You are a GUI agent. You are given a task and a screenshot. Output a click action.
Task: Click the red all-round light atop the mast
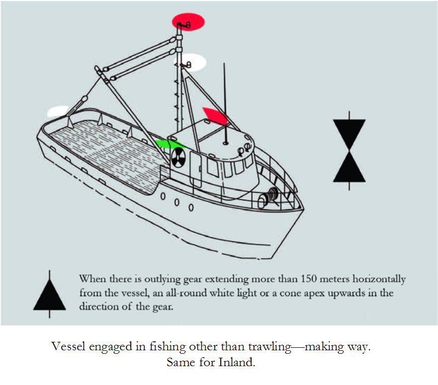(188, 21)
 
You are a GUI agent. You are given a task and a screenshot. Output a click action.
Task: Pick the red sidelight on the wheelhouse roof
(215, 116)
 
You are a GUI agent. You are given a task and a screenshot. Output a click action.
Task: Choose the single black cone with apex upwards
(50, 294)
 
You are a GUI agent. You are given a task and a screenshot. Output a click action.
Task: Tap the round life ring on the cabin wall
(178, 158)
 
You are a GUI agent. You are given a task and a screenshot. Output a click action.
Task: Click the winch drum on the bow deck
(271, 195)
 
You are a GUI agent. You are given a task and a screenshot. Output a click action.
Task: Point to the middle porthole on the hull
(177, 201)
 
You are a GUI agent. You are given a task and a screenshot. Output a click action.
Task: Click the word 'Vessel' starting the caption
(67, 346)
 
